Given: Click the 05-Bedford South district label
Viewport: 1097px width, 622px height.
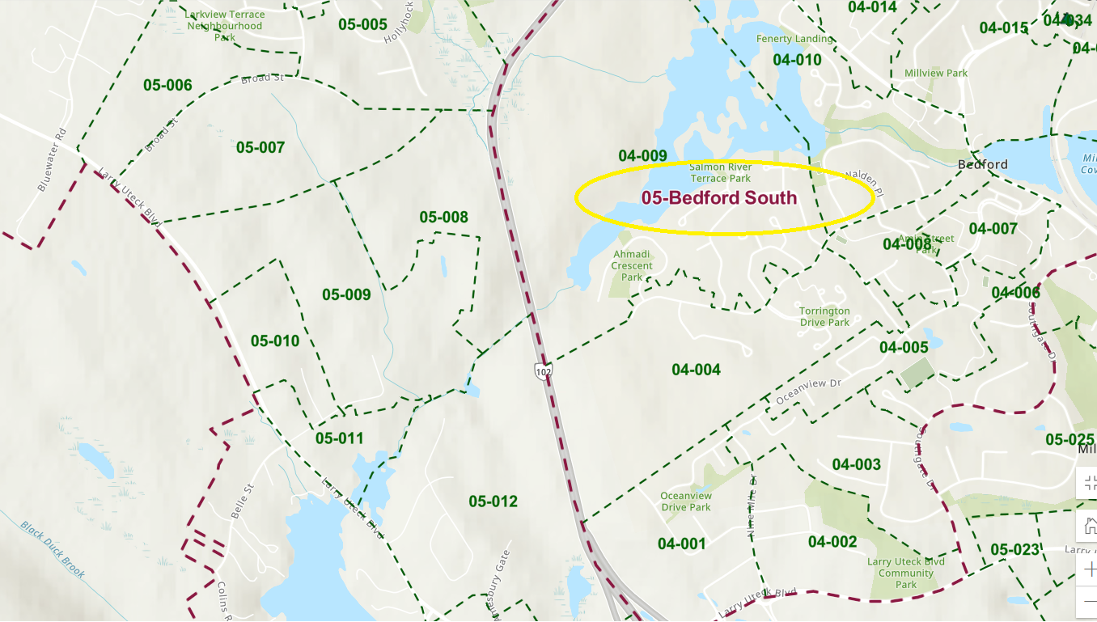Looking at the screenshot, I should (719, 198).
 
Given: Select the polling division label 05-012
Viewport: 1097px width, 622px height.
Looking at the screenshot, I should (493, 501).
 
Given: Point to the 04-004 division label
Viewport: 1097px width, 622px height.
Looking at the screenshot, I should (696, 370).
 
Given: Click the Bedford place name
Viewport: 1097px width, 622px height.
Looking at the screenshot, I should (982, 164).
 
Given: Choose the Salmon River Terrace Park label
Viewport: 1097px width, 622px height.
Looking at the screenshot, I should (720, 172).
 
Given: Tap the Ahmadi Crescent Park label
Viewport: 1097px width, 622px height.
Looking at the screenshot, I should (632, 265).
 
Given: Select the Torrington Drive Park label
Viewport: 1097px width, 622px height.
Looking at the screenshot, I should (824, 316).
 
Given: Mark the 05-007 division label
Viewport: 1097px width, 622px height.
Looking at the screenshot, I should (260, 147).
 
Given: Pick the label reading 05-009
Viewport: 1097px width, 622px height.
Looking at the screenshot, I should (346, 294).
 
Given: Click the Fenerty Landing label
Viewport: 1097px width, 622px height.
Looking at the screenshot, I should (794, 39).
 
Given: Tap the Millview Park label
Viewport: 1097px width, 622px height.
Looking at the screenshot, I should (936, 73).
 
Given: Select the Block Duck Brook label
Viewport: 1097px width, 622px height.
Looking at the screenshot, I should (53, 549).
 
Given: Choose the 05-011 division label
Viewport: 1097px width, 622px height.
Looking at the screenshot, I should (339, 438).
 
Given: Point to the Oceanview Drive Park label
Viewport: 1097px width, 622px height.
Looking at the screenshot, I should (686, 501).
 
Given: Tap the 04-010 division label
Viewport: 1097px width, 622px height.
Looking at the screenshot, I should (797, 60).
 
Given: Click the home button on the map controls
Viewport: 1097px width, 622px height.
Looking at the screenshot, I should (1089, 525).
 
